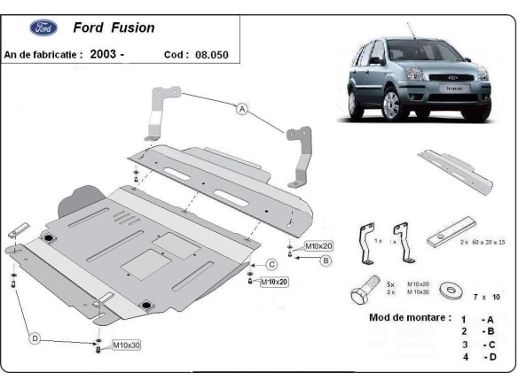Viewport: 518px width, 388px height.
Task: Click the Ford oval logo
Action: pyautogui.click(x=43, y=27)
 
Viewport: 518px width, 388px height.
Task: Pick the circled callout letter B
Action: pyautogui.click(x=326, y=260)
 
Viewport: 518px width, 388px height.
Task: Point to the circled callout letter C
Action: pyautogui.click(x=272, y=264)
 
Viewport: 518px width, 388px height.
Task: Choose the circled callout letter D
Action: pyautogui.click(x=35, y=337)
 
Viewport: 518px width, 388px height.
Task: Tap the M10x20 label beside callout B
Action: pyautogui.click(x=318, y=245)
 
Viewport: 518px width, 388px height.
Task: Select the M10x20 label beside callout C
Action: pyautogui.click(x=274, y=282)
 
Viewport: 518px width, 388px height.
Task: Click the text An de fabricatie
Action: pyautogui.click(x=43, y=54)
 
